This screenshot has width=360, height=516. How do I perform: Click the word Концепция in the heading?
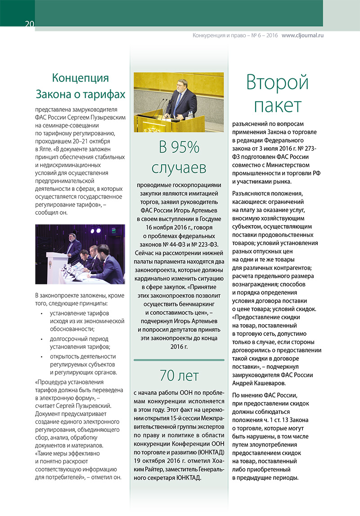pyautogui.click(x=81, y=78)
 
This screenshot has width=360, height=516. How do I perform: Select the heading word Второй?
pyautogui.click(x=277, y=83)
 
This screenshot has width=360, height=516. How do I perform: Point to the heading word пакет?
pyautogui.click(x=277, y=105)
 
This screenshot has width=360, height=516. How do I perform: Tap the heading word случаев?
pyautogui.click(x=179, y=167)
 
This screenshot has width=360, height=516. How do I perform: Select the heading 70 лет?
pyautogui.click(x=179, y=375)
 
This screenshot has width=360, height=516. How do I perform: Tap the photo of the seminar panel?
pyautogui.click(x=80, y=254)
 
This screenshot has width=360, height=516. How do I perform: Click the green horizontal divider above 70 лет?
pyautogui.click(x=179, y=360)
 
